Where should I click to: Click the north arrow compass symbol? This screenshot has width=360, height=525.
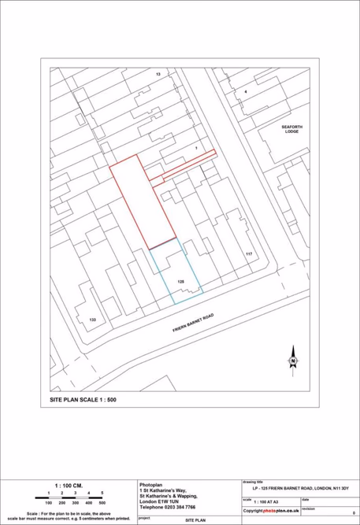point(292,359)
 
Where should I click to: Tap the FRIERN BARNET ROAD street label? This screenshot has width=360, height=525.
point(193,323)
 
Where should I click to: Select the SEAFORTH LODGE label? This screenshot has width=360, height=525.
point(297,129)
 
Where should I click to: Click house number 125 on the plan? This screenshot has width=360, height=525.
point(180,281)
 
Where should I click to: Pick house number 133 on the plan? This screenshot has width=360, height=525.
point(92,320)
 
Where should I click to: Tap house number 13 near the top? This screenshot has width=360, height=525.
point(158,74)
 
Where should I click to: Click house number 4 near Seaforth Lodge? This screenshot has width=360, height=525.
point(246,92)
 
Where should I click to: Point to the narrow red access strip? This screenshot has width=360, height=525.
point(189,165)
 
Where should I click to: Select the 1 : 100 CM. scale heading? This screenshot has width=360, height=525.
point(67,485)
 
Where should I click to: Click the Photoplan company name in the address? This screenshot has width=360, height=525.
point(150,484)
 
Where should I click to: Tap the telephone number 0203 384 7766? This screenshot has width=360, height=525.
point(168,508)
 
